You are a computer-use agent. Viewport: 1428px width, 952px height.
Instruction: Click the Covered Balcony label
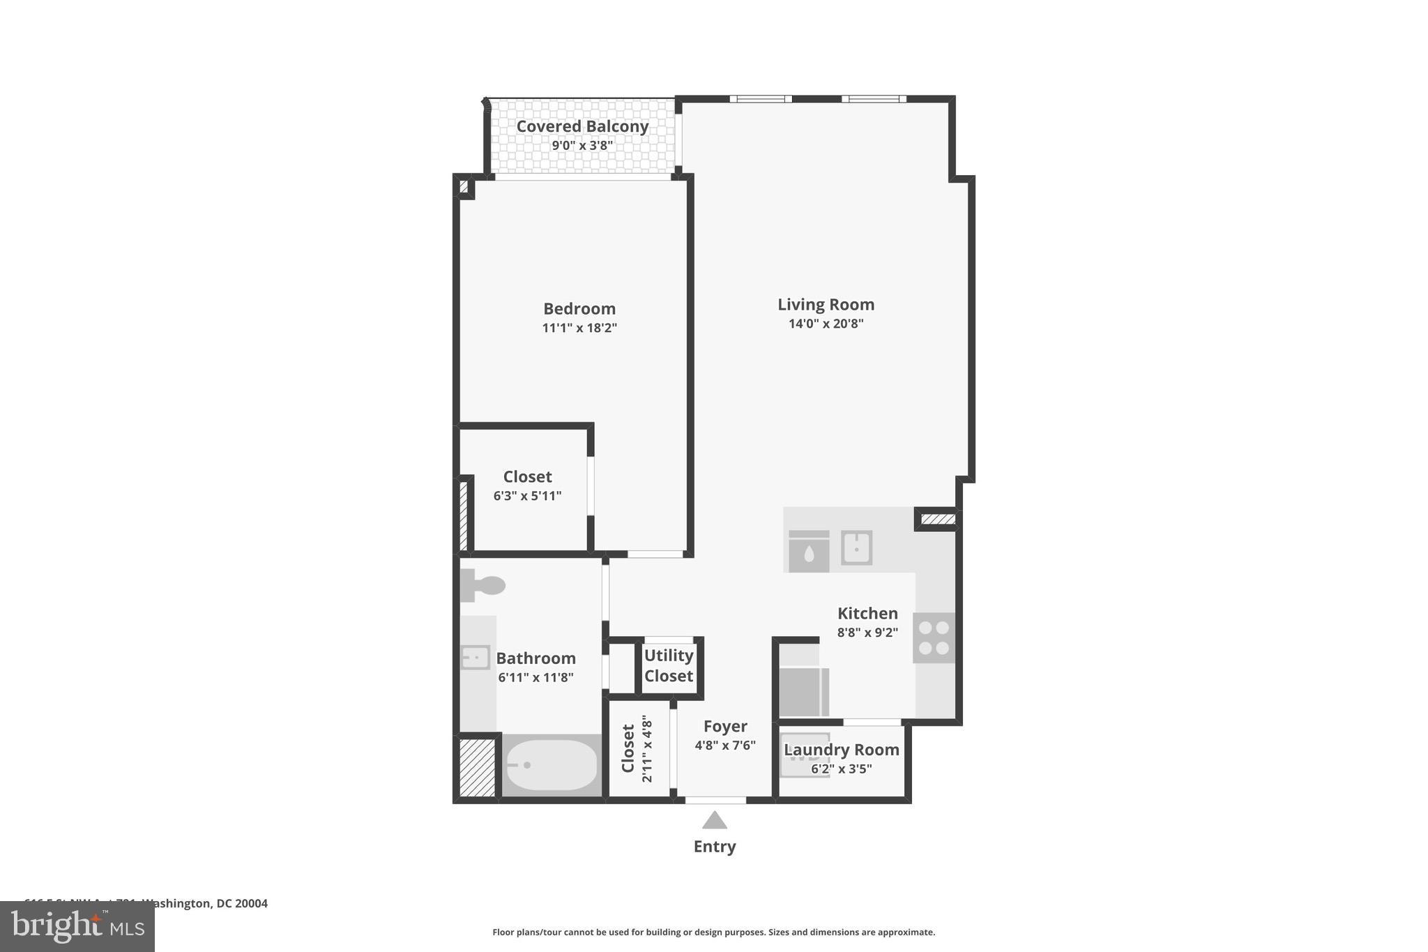coord(582,126)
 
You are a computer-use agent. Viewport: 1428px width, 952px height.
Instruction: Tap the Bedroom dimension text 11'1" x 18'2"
coord(579,328)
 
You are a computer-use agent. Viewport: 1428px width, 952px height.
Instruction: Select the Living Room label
coord(826,304)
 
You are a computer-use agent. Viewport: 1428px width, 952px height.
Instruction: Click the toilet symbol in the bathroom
coord(483,585)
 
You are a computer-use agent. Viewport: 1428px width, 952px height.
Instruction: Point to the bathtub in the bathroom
coord(551,765)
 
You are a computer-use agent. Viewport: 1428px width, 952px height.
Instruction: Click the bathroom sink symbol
coord(476,657)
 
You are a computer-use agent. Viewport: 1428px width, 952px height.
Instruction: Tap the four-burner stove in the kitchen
coord(934,637)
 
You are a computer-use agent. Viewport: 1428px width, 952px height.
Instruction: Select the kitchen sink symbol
coord(856,547)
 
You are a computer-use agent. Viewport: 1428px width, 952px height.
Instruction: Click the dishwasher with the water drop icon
coord(809,552)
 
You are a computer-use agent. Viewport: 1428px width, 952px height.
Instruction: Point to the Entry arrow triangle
coord(714,820)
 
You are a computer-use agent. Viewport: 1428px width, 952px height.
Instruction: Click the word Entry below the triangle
coord(714,847)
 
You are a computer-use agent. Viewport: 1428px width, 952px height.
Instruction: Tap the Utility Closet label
coord(668,665)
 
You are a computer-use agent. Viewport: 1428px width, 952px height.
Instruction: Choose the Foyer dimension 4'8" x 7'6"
coord(725,746)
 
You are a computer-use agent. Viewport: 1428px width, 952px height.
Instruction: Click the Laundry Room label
coord(842,750)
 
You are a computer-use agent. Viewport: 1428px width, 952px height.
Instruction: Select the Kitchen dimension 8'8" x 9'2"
coord(867,633)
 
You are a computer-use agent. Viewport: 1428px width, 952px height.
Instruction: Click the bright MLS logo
coord(77,926)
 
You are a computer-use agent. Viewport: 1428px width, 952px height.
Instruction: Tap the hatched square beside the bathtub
coord(478,766)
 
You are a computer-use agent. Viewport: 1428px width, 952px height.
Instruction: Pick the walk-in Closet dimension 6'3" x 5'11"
coord(527,496)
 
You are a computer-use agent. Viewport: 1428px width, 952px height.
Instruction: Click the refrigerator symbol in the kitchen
coord(803,690)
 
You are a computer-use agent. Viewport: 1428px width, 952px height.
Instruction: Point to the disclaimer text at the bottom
coord(713,932)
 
